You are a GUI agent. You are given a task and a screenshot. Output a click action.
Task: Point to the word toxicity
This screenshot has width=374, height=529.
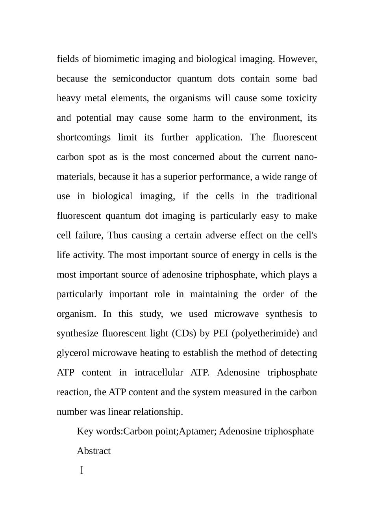pos(302,98)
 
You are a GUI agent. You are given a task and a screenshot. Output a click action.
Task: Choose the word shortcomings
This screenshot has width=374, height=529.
pos(84,137)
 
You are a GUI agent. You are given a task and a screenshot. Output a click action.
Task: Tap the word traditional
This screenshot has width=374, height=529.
pos(296,196)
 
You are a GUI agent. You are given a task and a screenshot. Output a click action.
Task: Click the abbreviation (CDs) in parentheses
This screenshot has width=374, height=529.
pos(184,333)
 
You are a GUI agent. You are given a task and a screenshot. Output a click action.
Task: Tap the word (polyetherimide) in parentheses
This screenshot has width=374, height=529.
pos(265,333)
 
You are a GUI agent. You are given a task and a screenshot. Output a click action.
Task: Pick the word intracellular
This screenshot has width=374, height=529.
pos(159,373)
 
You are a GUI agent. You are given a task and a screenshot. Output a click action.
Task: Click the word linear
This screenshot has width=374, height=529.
pos(119,412)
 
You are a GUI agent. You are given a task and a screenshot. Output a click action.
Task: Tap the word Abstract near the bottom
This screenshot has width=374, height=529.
pos(94,451)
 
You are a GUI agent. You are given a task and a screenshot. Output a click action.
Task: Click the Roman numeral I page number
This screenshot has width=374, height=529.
pos(81,470)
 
